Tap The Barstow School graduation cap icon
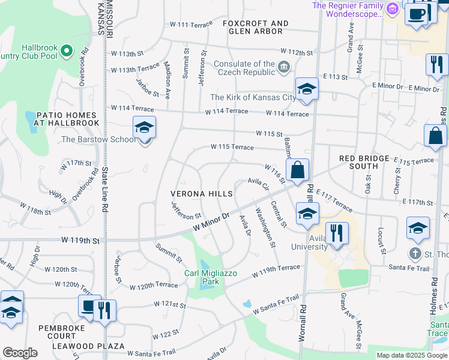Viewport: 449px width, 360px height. pyautogui.click(x=144, y=127)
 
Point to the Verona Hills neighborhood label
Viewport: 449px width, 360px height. pyautogui.click(x=201, y=194)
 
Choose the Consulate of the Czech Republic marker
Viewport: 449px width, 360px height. pyautogui.click(x=286, y=69)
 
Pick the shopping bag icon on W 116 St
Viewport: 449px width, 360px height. pyautogui.click(x=297, y=170)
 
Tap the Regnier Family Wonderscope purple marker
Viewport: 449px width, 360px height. pyautogui.click(x=392, y=9)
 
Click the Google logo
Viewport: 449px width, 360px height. pyautogui.click(x=20, y=352)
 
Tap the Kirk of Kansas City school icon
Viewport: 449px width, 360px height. pyautogui.click(x=306, y=89)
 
